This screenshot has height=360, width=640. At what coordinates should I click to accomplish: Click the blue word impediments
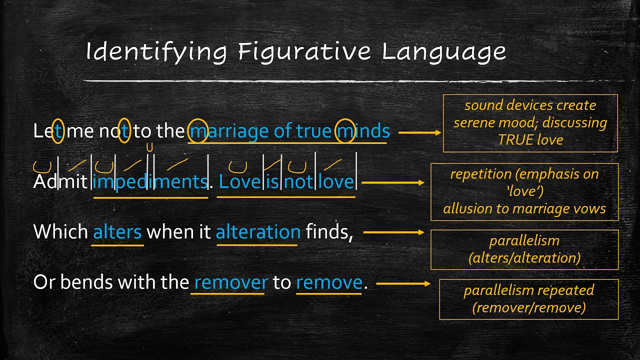click(x=150, y=181)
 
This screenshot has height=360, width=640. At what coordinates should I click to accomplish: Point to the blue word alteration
click(x=258, y=232)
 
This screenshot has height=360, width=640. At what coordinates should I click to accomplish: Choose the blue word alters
click(x=118, y=232)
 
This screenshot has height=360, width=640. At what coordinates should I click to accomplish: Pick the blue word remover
click(x=231, y=282)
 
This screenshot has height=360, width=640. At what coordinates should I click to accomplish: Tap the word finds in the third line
click(x=328, y=232)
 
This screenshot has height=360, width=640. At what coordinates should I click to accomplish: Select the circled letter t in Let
click(x=58, y=131)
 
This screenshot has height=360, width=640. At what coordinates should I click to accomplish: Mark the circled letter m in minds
click(x=344, y=131)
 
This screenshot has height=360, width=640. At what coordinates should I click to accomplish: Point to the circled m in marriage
click(x=198, y=131)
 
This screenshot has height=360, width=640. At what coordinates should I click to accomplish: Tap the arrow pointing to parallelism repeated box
click(x=403, y=283)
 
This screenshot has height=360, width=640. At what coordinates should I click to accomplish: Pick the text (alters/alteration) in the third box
click(x=524, y=257)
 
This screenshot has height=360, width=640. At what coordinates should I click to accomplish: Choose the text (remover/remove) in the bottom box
click(x=529, y=307)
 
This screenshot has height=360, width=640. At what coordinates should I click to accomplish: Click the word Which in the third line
click(x=60, y=232)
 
